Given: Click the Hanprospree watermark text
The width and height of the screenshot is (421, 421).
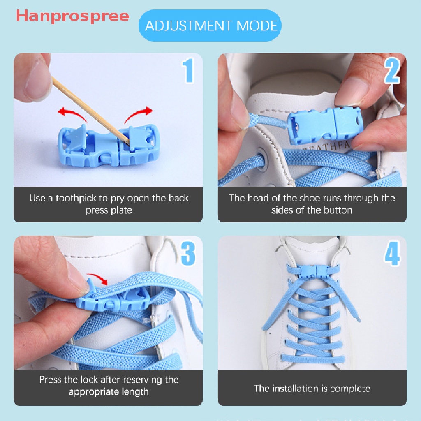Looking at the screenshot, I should [x=72, y=16].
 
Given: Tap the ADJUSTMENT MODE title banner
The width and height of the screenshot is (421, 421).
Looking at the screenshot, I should [x=211, y=26].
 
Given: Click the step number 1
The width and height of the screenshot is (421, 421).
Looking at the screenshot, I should [x=188, y=71].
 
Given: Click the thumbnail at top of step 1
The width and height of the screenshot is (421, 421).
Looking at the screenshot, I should [x=35, y=76].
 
